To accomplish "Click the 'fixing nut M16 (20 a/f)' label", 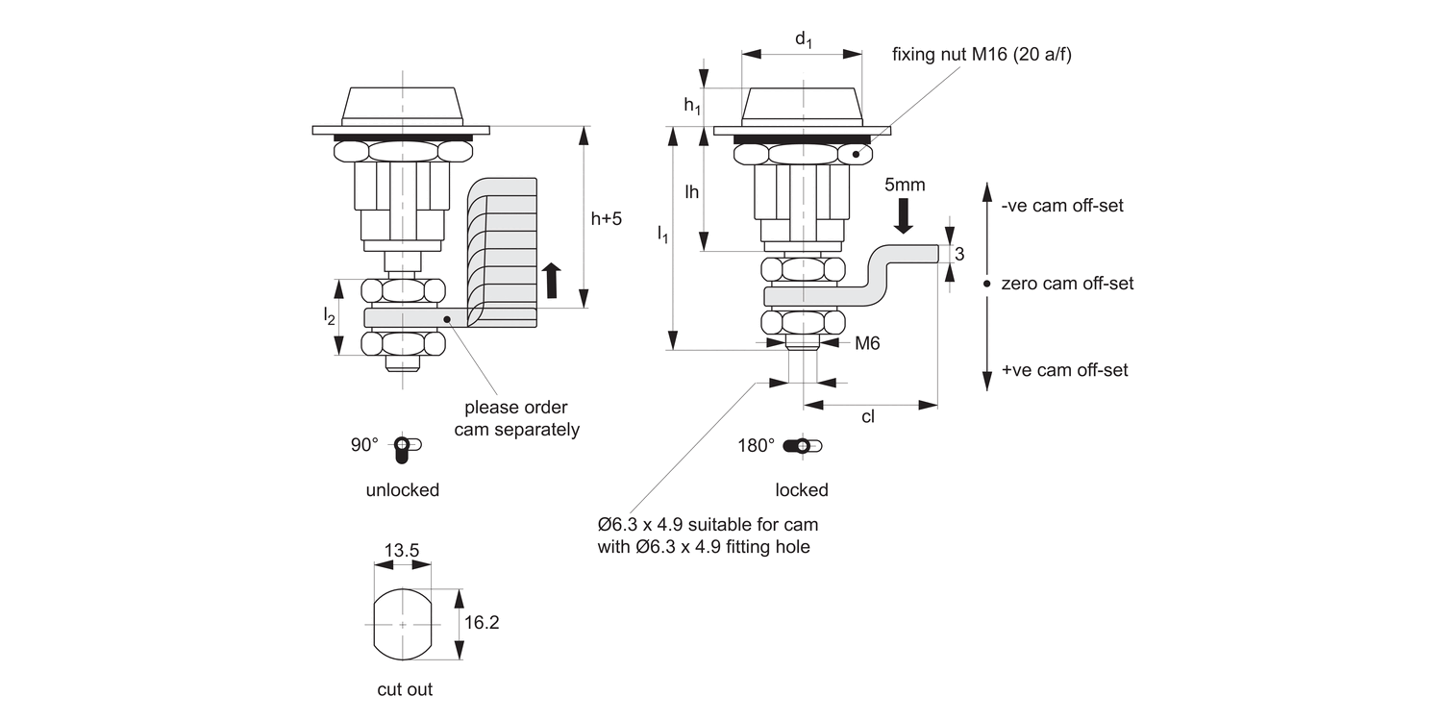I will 981,55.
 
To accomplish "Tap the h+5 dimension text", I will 606,218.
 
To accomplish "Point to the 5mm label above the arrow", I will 905,185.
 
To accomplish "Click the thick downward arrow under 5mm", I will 904,215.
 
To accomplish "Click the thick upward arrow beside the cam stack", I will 551,280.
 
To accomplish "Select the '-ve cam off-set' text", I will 1061,206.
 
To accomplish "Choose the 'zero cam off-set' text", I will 1067,284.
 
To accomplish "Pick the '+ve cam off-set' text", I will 1064,370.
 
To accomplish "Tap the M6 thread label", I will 867,342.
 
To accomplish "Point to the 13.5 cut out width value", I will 401,551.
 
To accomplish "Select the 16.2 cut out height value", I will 481,623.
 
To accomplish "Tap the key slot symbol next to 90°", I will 408,446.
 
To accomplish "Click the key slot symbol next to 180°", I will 803,446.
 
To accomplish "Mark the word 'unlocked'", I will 402,490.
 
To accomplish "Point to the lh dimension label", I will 691,191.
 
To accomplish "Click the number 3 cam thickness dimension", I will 958,254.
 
